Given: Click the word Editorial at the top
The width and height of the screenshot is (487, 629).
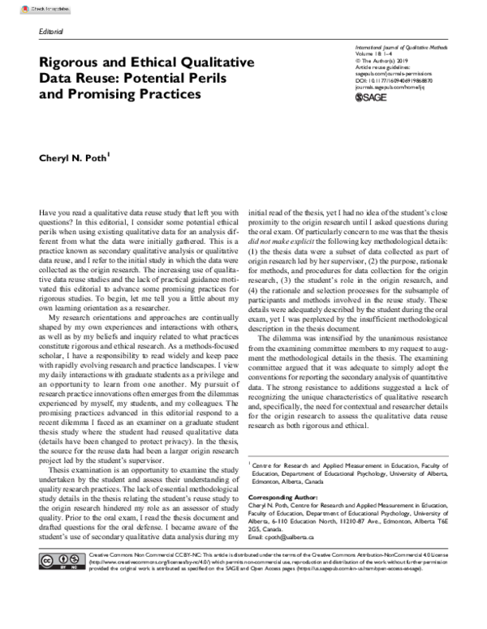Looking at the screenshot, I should coord(52,31).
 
